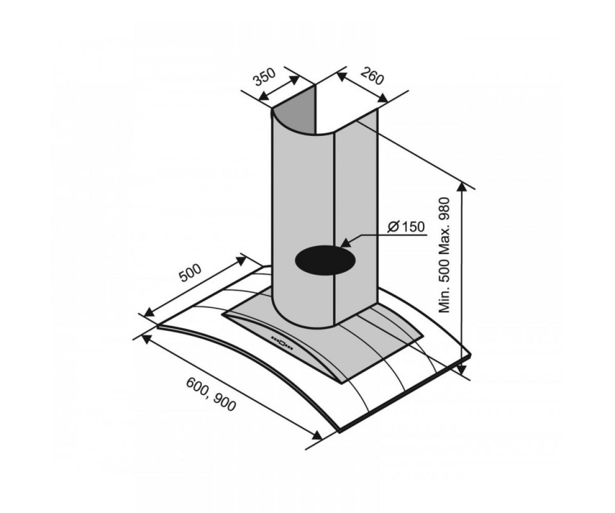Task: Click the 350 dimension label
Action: click(x=265, y=77)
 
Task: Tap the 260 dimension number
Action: click(x=372, y=76)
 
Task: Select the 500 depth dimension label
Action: click(x=190, y=273)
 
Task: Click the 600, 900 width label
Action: click(x=211, y=395)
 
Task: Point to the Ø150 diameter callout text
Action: click(x=406, y=227)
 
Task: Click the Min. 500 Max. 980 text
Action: click(x=444, y=255)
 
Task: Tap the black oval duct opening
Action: click(x=325, y=260)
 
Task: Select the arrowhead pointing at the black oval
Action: click(x=346, y=250)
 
